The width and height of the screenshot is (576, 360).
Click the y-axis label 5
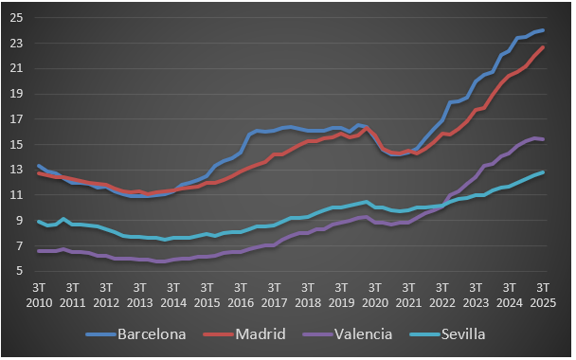18,272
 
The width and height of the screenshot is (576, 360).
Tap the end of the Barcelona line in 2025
543,30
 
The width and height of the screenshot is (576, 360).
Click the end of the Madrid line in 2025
543,47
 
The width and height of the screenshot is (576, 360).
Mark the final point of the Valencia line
543,139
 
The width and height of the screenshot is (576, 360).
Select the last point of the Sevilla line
543,172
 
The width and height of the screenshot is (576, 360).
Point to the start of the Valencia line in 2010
38,251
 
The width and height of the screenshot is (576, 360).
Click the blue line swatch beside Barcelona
99,334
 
